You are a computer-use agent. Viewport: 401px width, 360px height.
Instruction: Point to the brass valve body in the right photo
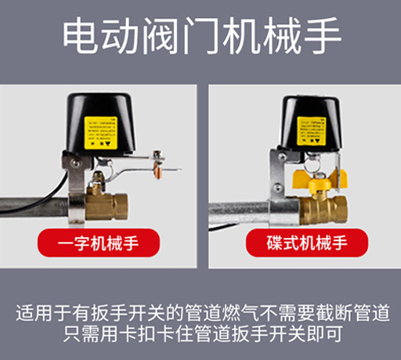(321, 207)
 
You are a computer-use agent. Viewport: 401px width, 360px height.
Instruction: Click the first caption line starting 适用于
(200, 315)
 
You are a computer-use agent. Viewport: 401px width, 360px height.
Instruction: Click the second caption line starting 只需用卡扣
(200, 337)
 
